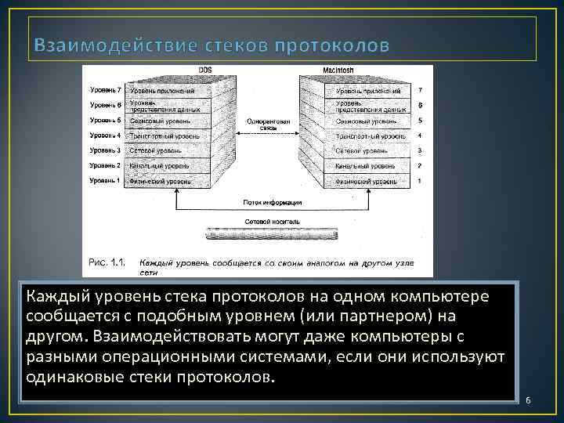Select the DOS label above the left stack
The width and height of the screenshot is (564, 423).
click(204, 70)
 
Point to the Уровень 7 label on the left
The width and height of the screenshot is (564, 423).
click(105, 91)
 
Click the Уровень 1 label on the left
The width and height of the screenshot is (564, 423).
click(105, 181)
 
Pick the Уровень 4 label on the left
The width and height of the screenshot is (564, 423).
click(105, 136)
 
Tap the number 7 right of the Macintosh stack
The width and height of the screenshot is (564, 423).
click(421, 91)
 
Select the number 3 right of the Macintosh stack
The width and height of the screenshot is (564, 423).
click(421, 150)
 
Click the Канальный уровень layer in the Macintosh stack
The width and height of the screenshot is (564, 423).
click(365, 166)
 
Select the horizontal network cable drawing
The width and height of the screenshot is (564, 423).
click(270, 234)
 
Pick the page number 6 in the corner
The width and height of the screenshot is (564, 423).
click(528, 400)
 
